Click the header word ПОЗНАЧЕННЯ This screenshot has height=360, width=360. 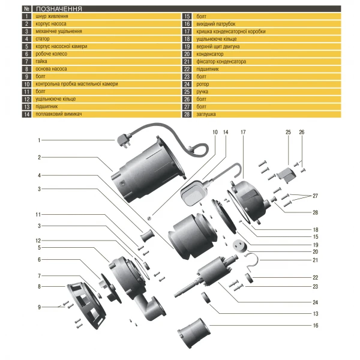pos(59,10)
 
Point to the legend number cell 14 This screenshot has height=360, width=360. pos(26,113)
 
